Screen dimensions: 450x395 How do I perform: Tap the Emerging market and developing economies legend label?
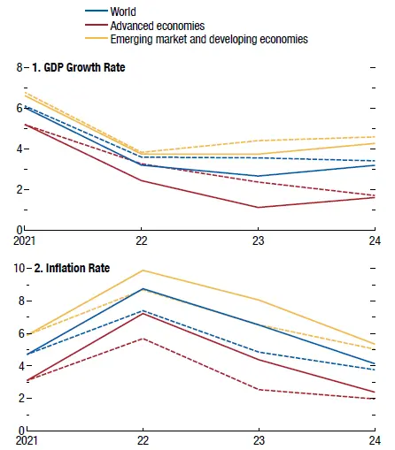[x=208, y=40]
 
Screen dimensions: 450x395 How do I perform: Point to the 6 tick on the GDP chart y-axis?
[x=19, y=108]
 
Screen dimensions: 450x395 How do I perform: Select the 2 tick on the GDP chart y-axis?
[x=19, y=189]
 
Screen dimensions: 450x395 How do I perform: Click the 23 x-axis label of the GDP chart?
[x=259, y=240]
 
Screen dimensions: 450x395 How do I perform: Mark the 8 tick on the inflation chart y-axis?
[x=19, y=301]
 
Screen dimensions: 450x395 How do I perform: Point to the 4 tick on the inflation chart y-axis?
[x=19, y=365]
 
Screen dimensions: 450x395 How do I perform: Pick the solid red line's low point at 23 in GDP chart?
[x=259, y=208]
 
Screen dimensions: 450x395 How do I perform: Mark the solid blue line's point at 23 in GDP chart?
[x=259, y=176]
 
